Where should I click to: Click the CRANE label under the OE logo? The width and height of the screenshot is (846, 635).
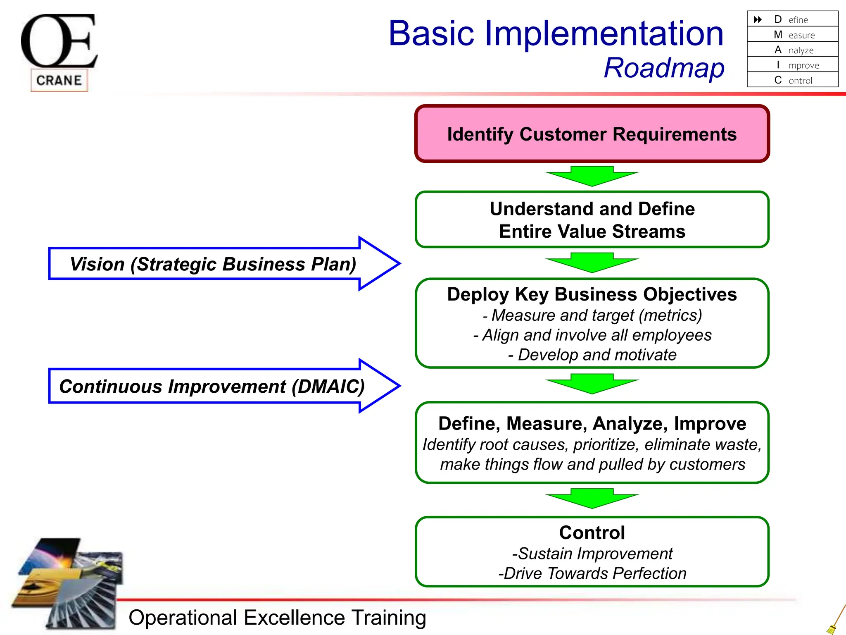pyautogui.click(x=59, y=80)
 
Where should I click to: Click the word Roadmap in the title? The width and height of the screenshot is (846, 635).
pyautogui.click(x=664, y=68)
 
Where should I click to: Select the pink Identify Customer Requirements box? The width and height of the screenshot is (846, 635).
pyautogui.click(x=592, y=134)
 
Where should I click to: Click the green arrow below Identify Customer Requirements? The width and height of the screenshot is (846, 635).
pyautogui.click(x=592, y=176)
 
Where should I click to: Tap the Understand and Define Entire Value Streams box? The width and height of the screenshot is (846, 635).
pyautogui.click(x=592, y=220)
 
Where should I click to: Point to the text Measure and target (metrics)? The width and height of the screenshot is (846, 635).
pyautogui.click(x=592, y=315)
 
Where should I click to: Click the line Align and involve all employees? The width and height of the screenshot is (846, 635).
pyautogui.click(x=592, y=335)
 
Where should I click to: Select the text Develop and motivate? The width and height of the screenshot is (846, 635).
pyautogui.click(x=592, y=355)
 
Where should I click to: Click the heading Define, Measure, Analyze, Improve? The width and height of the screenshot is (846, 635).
pyautogui.click(x=592, y=424)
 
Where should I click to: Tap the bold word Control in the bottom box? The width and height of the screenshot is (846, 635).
pyautogui.click(x=592, y=533)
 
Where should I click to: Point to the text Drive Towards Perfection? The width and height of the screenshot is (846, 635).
pyautogui.click(x=592, y=574)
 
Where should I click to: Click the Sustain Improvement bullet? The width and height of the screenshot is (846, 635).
pyautogui.click(x=592, y=554)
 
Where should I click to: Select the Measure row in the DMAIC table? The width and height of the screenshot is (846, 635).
pyautogui.click(x=793, y=35)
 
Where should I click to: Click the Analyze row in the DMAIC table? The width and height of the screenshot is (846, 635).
pyautogui.click(x=793, y=50)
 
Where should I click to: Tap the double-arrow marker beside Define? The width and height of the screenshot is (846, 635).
pyautogui.click(x=758, y=19)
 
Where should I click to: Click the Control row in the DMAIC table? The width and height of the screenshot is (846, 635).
pyautogui.click(x=793, y=80)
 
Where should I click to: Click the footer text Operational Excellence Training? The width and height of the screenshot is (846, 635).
pyautogui.click(x=277, y=618)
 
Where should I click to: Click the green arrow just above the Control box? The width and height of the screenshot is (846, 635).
pyautogui.click(x=592, y=498)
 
